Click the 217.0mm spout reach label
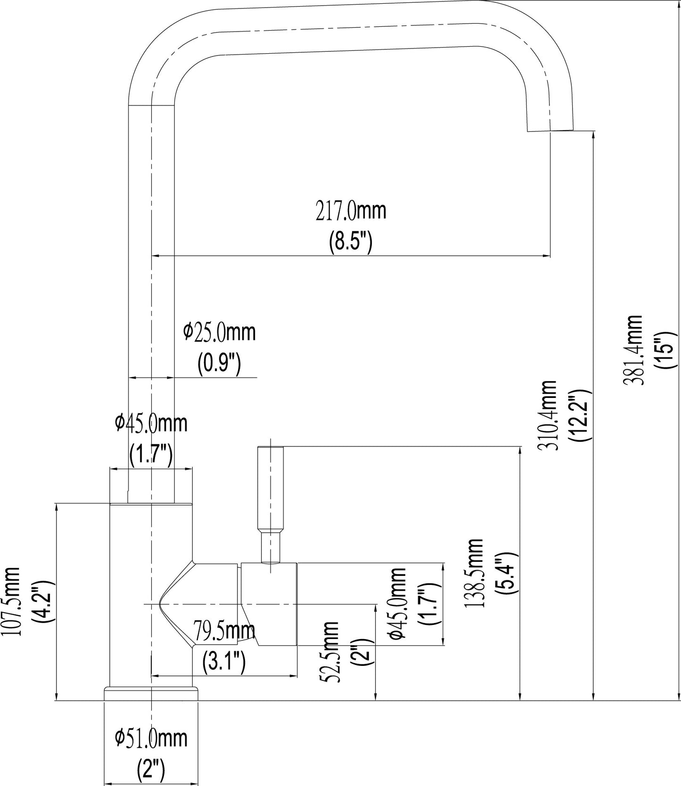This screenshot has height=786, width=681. pos(351,211)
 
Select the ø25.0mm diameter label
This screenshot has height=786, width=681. pos(220,332)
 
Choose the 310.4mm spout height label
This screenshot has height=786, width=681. pos(548,416)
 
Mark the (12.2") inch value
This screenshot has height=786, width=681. pos(580,415)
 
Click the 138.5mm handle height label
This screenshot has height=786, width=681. pos(474,574)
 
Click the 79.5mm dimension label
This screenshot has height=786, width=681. pos(224,631)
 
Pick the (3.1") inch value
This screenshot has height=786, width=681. pos(224,663)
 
